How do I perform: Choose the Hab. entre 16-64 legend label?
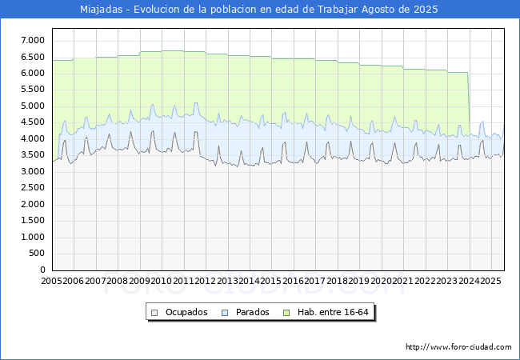coord(333,312)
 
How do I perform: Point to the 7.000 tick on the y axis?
coord(33,41)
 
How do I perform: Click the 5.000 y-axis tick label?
coord(33,106)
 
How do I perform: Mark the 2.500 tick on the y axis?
coord(33,188)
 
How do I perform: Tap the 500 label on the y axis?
coord(37,254)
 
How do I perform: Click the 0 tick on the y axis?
coord(42,270)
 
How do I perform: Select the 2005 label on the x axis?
coord(51,281)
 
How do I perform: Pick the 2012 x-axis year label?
coord(206,281)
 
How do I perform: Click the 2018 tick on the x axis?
coord(337,281)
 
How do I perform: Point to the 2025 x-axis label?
coord(491,281)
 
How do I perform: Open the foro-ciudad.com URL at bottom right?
coord(458,347)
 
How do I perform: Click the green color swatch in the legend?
coord(286,313)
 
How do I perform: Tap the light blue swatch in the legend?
coord(225,313)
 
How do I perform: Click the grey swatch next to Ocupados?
coord(154,313)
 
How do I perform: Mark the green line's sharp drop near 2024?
coord(469,102)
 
